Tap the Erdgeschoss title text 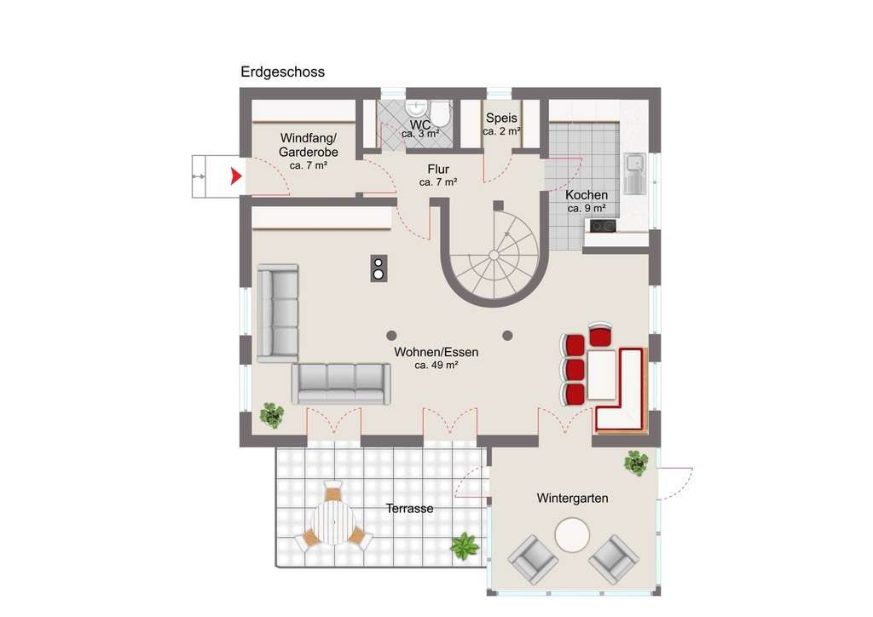click(282, 72)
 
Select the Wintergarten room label click(572, 499)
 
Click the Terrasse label click(409, 509)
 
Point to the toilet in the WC click(441, 112)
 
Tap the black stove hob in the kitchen click(603, 226)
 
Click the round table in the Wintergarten click(572, 537)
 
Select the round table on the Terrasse click(333, 522)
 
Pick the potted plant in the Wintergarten click(636, 463)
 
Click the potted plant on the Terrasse click(465, 545)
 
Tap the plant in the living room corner click(272, 415)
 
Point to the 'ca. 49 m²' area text click(436, 365)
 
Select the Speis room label click(501, 118)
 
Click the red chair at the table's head click(601, 333)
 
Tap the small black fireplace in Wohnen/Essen click(379, 268)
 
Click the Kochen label click(587, 195)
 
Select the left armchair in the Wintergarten click(533, 560)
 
